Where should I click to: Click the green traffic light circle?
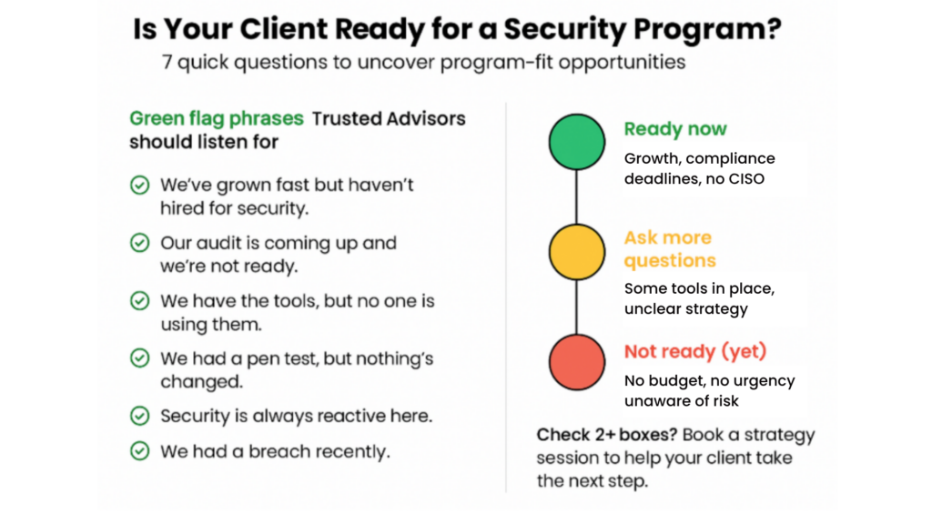pyautogui.click(x=576, y=142)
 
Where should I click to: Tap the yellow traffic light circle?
pyautogui.click(x=576, y=252)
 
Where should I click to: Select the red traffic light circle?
pyautogui.click(x=576, y=362)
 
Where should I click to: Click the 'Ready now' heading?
pyautogui.click(x=675, y=129)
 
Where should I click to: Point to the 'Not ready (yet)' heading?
pyautogui.click(x=695, y=351)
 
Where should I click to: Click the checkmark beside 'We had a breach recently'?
pyautogui.click(x=139, y=451)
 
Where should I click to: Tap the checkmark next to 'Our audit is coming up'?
pyautogui.click(x=139, y=243)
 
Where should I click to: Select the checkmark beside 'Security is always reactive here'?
pyautogui.click(x=139, y=416)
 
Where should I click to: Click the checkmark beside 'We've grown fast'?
pyautogui.click(x=139, y=186)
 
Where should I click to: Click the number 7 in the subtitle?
pyautogui.click(x=167, y=62)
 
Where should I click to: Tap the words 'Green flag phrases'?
pyautogui.click(x=217, y=118)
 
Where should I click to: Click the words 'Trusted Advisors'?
pyautogui.click(x=389, y=118)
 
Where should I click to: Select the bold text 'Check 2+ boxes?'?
pyautogui.click(x=607, y=435)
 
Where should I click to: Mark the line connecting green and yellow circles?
pyautogui.click(x=576, y=197)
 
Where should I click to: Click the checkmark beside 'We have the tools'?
pyautogui.click(x=139, y=300)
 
